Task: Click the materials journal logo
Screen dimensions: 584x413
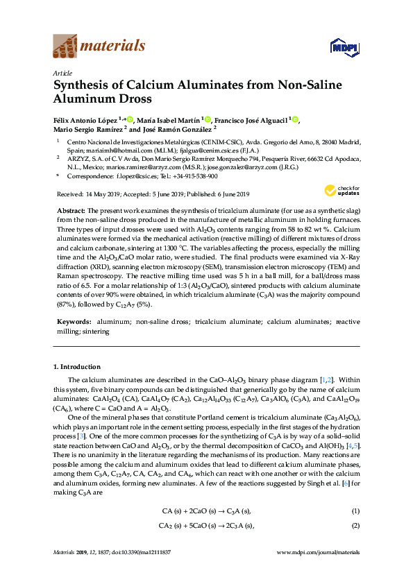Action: point(99,46)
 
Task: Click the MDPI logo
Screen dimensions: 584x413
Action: point(341,47)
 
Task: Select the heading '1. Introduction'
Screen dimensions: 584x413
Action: point(76,366)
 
